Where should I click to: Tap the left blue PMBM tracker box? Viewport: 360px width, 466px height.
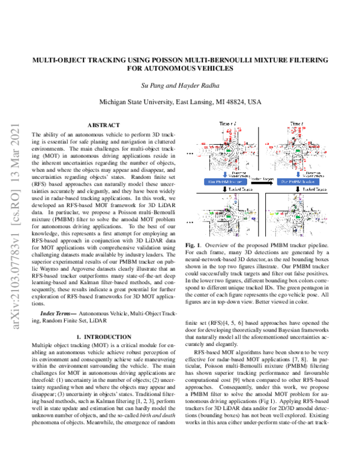click(225, 181)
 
